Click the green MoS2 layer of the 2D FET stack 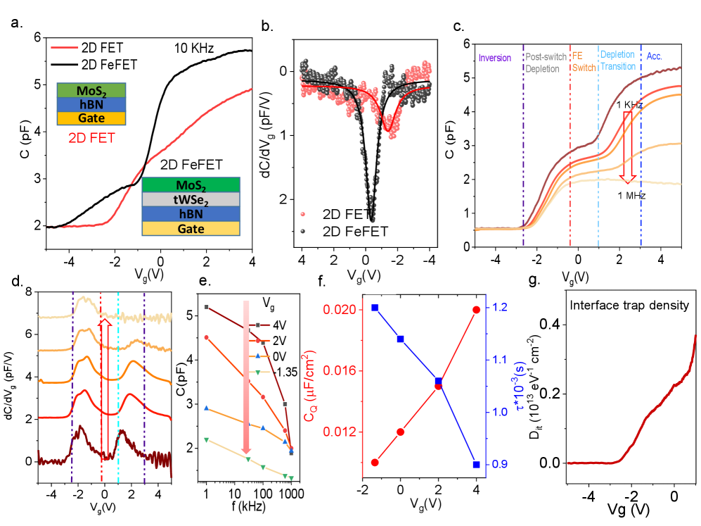91,90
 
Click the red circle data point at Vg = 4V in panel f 476,309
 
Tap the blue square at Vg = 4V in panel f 476,464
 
